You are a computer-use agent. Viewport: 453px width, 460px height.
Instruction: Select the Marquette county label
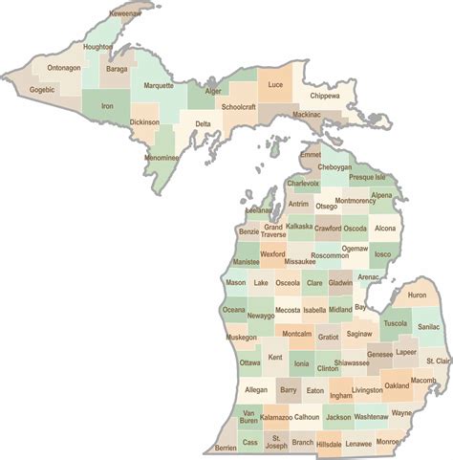click(159, 85)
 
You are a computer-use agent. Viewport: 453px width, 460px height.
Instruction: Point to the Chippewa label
click(324, 96)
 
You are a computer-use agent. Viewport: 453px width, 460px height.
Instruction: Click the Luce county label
click(274, 84)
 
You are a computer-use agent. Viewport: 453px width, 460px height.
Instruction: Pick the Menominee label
click(162, 157)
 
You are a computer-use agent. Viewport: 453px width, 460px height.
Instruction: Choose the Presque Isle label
click(368, 177)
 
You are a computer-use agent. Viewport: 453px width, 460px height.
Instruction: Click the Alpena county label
click(381, 195)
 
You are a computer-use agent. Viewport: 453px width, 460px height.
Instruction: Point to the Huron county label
click(418, 296)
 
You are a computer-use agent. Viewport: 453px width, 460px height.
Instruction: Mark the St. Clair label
click(438, 361)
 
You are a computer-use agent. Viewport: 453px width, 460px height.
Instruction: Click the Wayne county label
click(402, 413)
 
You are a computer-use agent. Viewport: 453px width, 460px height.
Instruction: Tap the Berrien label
click(226, 448)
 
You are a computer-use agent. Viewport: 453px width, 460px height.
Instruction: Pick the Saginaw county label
click(359, 334)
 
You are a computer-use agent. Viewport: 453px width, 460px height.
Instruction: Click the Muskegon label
click(242, 338)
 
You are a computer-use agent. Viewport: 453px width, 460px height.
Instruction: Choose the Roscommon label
click(330, 255)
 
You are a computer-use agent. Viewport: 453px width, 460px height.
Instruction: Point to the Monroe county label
click(389, 442)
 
